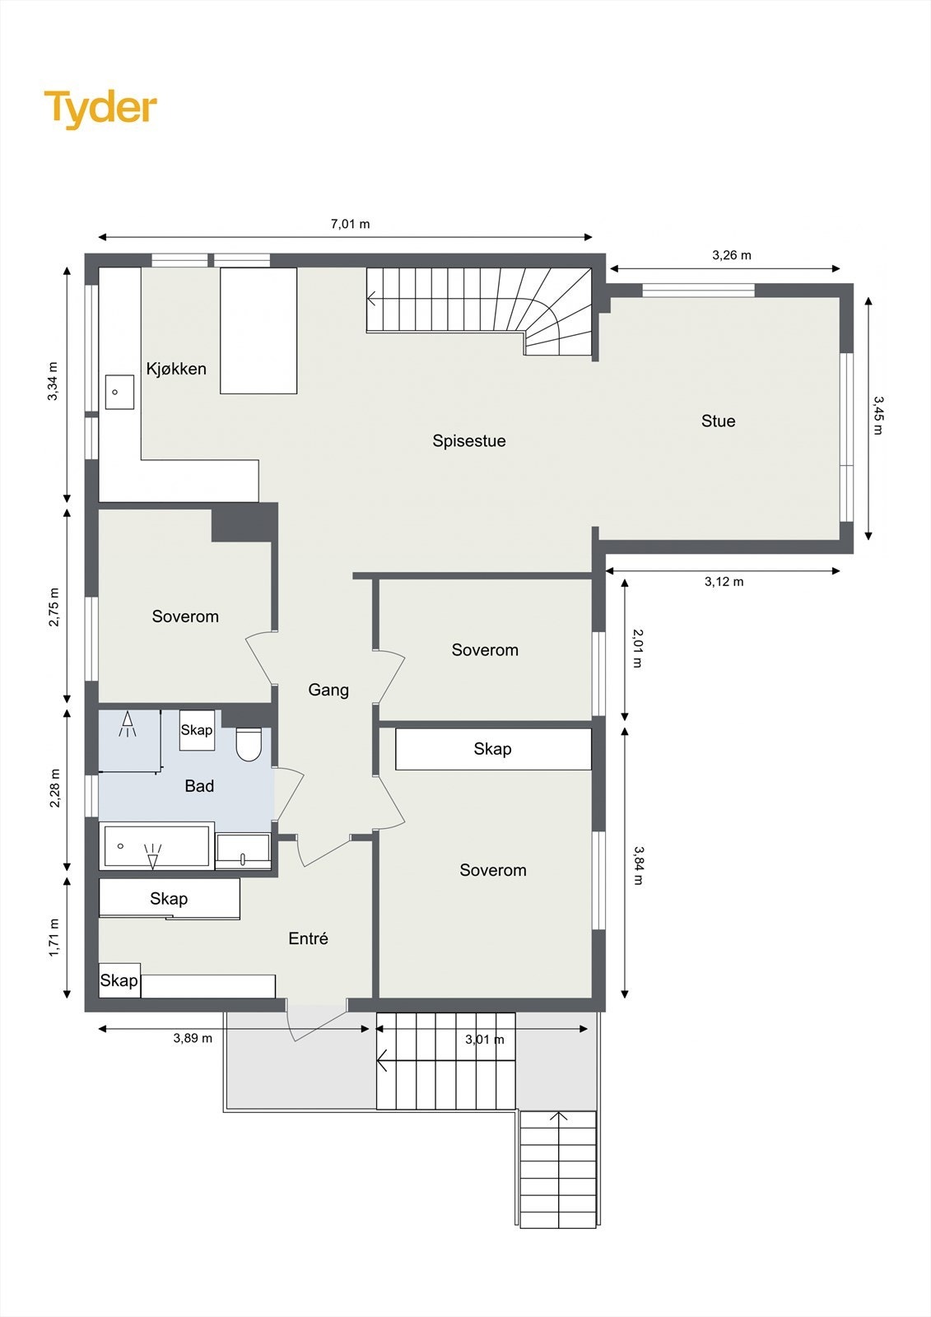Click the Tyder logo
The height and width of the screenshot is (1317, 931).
coord(100,108)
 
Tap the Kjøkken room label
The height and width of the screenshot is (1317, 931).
coord(176,369)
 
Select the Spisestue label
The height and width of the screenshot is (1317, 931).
coord(469,441)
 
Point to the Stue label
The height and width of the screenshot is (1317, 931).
coord(718,421)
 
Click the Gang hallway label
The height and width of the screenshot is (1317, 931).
coord(328,690)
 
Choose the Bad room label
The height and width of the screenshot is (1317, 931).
coord(199,786)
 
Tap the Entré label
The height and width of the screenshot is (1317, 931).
coord(308,938)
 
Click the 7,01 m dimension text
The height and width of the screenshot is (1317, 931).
coord(350,224)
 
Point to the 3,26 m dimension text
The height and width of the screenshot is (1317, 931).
coord(732,255)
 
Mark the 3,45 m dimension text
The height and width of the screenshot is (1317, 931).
coord(877,415)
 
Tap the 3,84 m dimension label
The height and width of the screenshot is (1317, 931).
coord(638,865)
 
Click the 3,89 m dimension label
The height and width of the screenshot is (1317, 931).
coord(193,1039)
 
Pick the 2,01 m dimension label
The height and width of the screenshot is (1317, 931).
coord(637,648)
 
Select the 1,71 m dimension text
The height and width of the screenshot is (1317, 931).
coord(54,938)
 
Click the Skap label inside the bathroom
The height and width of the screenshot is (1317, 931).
coord(197,730)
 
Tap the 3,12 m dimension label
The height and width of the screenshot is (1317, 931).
coord(724,582)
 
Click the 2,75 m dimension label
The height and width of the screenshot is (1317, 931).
coord(54,607)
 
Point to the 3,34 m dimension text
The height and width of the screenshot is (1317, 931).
coord(53,381)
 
